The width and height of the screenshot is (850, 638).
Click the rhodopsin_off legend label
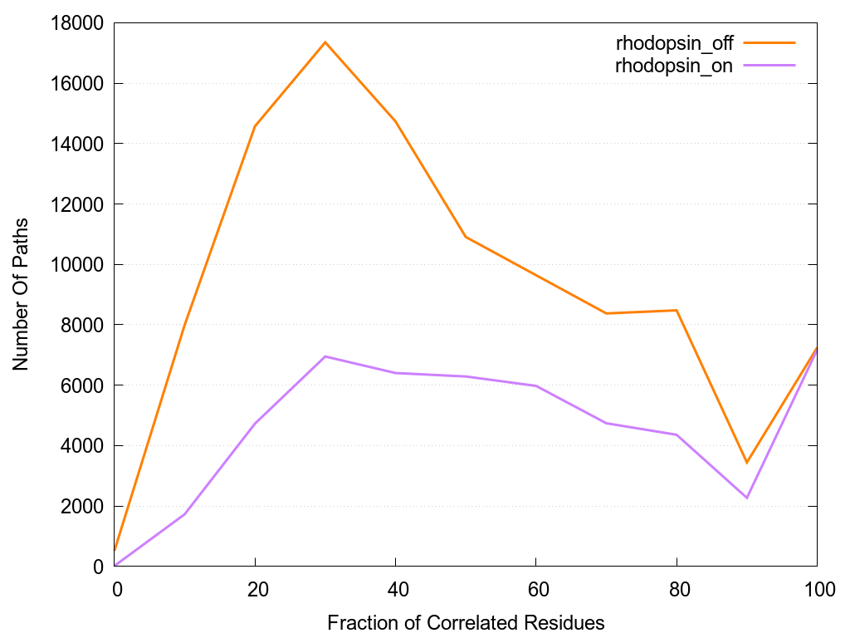674,42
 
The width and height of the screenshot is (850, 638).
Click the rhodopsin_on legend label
674,66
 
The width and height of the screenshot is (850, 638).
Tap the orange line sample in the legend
769,42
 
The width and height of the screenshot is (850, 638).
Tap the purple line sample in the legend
769,65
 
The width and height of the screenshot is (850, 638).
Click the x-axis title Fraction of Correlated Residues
466,622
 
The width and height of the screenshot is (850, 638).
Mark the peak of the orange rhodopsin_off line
325,42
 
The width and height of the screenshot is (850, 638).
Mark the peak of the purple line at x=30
325,356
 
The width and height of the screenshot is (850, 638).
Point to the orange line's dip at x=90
747,463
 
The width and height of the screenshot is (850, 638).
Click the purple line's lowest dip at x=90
747,498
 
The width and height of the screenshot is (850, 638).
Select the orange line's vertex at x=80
677,310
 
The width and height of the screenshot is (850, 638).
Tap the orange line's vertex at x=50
466,237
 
